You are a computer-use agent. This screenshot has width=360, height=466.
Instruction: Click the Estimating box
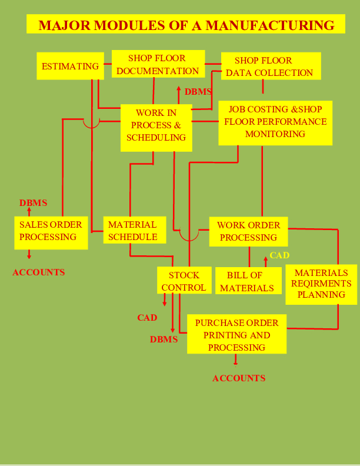pyautogui.click(x=70, y=66)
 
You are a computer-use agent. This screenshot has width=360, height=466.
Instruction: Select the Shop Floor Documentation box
pyautogui.click(x=157, y=65)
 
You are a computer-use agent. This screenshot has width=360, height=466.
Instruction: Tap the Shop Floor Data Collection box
pyautogui.click(x=271, y=66)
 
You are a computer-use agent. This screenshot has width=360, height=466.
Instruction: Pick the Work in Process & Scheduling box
pyautogui.click(x=156, y=125)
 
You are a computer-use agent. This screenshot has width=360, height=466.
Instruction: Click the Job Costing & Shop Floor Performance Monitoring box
pyautogui.click(x=275, y=122)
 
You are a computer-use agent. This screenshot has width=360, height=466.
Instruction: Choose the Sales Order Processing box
pyautogui.click(x=51, y=231)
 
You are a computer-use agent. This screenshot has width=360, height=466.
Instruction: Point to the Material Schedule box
pyautogui.click(x=133, y=231)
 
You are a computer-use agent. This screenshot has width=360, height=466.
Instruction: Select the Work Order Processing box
pyautogui.click(x=248, y=231)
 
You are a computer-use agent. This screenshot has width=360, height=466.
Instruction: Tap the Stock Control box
pyautogui.click(x=184, y=282)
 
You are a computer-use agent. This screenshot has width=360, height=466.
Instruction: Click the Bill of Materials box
pyautogui.click(x=247, y=282)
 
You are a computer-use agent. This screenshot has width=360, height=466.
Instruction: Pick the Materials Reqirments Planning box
pyautogui.click(x=321, y=284)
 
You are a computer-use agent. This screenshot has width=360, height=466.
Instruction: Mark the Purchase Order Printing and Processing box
pyautogui.click(x=236, y=335)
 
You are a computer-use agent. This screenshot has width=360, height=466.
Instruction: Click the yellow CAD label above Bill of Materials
pyautogui.click(x=279, y=255)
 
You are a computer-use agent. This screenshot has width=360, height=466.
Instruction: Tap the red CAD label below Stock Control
pyautogui.click(x=147, y=318)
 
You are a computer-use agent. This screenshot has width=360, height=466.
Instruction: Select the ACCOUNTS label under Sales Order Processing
pyautogui.click(x=39, y=272)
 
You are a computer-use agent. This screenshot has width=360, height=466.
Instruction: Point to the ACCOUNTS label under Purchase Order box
pyautogui.click(x=239, y=378)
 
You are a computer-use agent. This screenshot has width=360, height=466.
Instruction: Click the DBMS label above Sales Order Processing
pyautogui.click(x=33, y=203)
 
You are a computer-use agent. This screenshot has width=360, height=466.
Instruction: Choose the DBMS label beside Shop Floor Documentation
pyautogui.click(x=198, y=92)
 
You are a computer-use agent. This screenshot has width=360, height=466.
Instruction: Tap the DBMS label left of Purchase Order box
pyautogui.click(x=164, y=339)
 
